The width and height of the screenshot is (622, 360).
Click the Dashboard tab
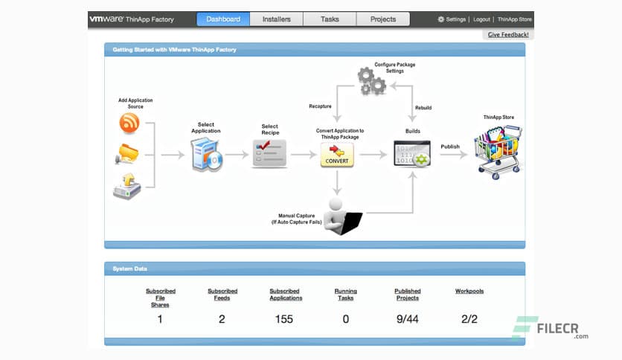[x=223, y=19]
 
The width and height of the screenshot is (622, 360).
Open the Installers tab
[x=276, y=19]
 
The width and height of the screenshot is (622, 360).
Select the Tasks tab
[x=330, y=19]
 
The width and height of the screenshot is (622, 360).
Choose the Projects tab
[x=383, y=19]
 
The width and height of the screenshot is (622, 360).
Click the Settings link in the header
[x=452, y=19]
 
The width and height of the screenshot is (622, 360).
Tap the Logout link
[x=481, y=19]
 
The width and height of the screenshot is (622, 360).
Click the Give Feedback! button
[x=509, y=35]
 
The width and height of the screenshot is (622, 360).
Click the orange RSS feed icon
[x=129, y=123]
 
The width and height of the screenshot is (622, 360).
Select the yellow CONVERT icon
[x=337, y=155]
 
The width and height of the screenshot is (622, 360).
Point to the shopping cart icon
[x=498, y=150]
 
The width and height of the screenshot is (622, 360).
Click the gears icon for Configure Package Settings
[x=371, y=80]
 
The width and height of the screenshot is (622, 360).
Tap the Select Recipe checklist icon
[x=269, y=153]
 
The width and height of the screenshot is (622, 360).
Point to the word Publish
[x=451, y=147]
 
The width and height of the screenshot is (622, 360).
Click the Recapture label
[x=320, y=107]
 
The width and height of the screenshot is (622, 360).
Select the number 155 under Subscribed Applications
[x=283, y=319]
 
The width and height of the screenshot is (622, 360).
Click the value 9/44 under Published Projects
[x=407, y=319]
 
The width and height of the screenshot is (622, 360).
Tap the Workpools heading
[x=469, y=292]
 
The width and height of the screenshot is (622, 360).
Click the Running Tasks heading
[x=345, y=295]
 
